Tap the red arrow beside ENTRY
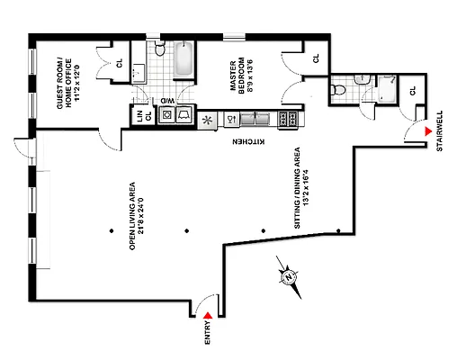pos(209,314)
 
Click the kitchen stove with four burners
pos(290,118)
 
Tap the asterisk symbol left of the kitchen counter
pos(208,118)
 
